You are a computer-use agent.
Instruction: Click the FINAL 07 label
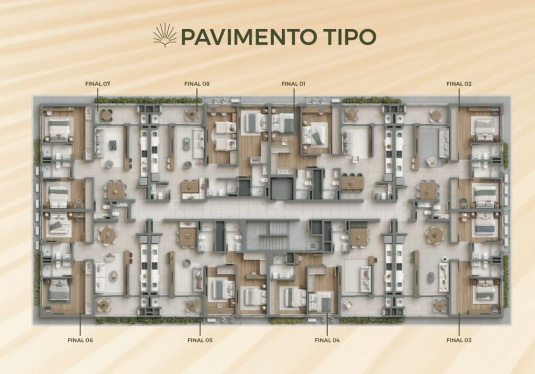coord(98,84)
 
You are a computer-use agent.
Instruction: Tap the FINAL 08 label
coord(197,84)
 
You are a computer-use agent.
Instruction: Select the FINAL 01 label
coord(294,84)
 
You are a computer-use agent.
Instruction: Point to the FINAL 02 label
coord(459,84)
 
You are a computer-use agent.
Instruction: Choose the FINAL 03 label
coord(459,340)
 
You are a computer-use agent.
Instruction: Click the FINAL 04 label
coord(327,340)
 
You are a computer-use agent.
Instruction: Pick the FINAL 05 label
coord(200,340)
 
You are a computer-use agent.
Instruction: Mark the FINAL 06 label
coord(80,340)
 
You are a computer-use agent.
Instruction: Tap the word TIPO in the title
coord(351,37)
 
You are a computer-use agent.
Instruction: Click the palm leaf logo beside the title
coord(165,35)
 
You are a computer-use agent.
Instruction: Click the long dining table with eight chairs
coord(352,182)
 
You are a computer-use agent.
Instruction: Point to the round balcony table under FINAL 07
coord(107,115)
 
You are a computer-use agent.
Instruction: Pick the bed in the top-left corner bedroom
coord(60,130)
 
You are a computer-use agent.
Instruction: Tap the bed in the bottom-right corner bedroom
coord(485,292)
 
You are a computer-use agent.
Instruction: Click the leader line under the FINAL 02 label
coord(459,100)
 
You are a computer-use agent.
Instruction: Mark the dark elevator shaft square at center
coord(282,189)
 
